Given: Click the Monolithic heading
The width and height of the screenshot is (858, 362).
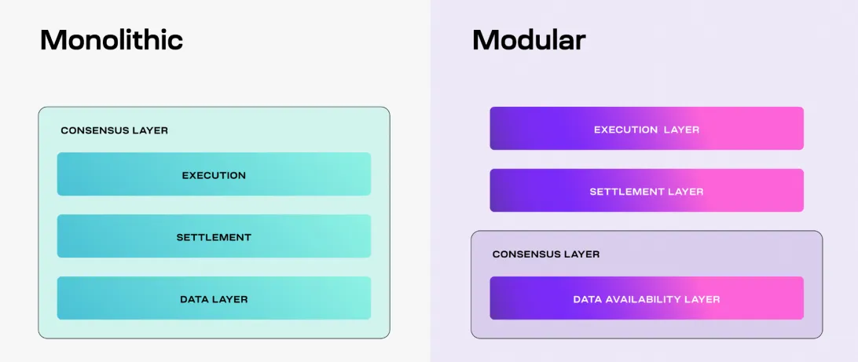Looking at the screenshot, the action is (112, 40).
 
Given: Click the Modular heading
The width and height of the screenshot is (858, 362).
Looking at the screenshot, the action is (529, 40).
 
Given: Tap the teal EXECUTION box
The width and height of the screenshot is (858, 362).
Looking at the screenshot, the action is (214, 174).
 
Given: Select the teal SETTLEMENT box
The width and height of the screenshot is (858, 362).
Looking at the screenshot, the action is (214, 236).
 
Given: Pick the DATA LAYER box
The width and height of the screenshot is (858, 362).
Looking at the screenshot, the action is (214, 298).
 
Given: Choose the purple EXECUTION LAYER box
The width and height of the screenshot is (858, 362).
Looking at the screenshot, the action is (647, 129).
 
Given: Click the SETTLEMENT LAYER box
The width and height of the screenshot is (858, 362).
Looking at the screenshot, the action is (647, 190).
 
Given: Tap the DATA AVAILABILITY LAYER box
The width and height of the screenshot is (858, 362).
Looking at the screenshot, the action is (647, 298).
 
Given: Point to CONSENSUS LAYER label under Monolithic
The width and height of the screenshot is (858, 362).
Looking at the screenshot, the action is (115, 130).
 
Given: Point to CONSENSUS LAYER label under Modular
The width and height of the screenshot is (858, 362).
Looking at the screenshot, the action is (546, 254).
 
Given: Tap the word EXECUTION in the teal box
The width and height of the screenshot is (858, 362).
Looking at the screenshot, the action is (214, 176).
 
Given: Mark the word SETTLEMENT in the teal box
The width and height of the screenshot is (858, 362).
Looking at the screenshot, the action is (214, 237).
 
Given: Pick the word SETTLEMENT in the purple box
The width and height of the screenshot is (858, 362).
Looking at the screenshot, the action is (627, 192).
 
